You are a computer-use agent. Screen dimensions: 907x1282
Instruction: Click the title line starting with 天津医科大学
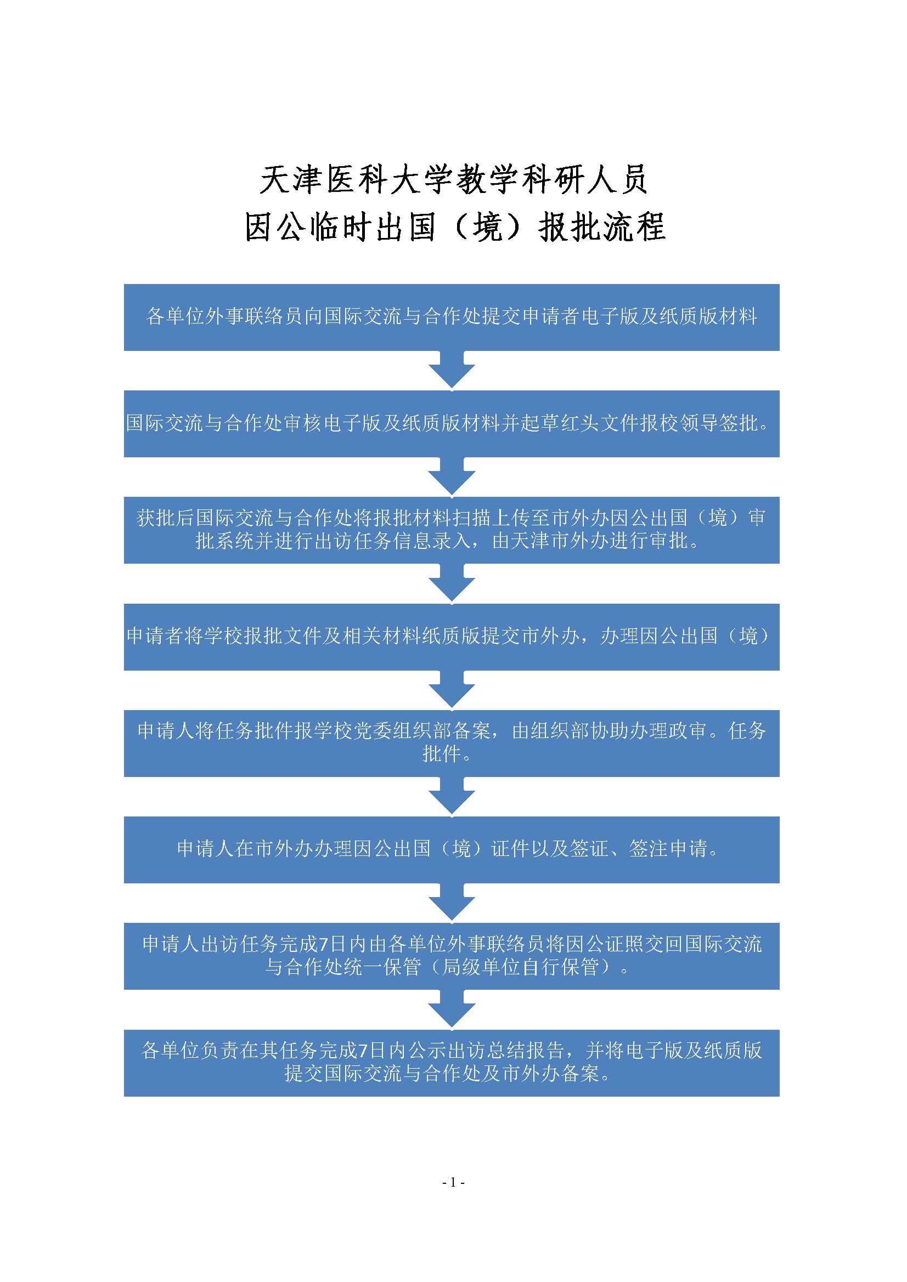[x=453, y=180]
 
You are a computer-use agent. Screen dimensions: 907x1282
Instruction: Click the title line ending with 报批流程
[x=455, y=227]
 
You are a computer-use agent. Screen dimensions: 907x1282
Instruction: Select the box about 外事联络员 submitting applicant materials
[x=452, y=317]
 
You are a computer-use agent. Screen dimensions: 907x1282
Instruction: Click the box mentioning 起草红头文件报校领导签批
[x=452, y=424]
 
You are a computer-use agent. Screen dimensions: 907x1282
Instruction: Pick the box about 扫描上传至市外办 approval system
[x=452, y=530]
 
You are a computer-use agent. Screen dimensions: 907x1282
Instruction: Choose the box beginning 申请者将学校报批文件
[x=452, y=637]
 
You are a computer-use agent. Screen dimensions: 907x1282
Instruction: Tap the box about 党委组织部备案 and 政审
[x=452, y=743]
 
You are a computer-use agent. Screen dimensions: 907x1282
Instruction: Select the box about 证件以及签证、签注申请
[x=452, y=850]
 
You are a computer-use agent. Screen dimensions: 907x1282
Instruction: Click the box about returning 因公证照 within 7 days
[x=452, y=956]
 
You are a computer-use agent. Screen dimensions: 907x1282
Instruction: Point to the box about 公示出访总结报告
[x=452, y=1063]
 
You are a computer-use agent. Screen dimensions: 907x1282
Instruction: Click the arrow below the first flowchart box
[x=452, y=370]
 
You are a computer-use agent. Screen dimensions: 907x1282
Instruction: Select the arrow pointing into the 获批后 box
[x=452, y=477]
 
